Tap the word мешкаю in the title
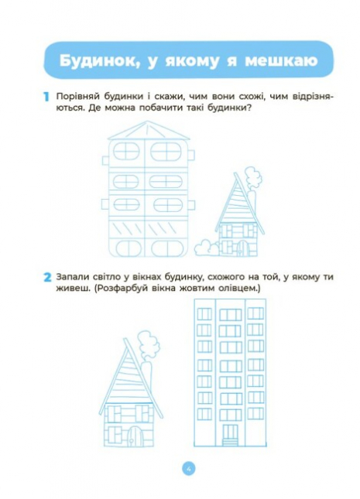(281, 60)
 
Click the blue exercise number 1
(46, 97)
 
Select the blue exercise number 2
(47, 277)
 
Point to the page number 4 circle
(189, 469)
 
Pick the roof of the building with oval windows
(149, 131)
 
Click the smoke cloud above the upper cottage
(253, 178)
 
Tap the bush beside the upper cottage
(207, 248)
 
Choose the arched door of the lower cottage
(135, 436)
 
